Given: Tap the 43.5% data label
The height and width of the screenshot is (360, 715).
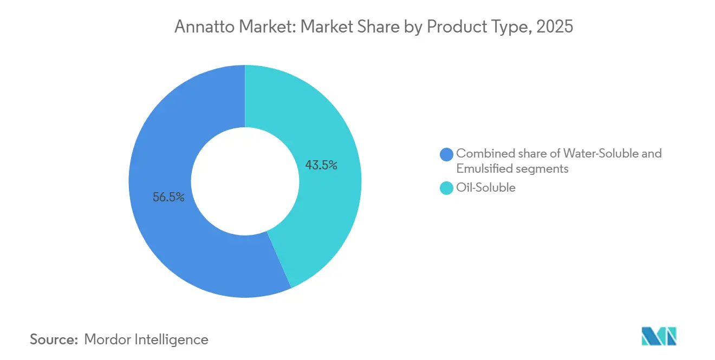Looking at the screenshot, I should [x=321, y=166].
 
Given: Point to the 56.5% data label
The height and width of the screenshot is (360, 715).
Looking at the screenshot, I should [x=168, y=198].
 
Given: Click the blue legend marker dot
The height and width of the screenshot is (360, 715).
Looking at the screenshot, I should [x=447, y=154].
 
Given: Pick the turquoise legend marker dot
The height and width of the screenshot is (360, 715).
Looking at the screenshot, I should [x=447, y=188].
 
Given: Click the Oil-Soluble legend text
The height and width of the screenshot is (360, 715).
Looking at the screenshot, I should [x=486, y=188].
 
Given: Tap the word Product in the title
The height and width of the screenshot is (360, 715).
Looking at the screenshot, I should [x=456, y=27].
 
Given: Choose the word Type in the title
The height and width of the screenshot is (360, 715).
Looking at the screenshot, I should [x=508, y=27].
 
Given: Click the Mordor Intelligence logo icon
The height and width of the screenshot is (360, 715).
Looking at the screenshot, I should [x=659, y=336].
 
